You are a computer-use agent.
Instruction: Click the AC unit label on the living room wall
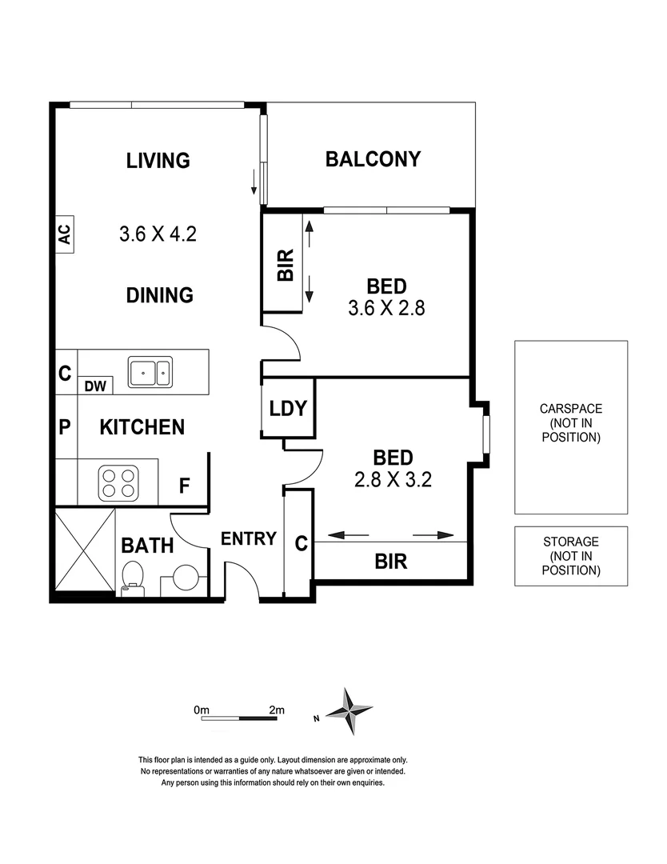click(x=65, y=234)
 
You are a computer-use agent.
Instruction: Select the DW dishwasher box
click(x=95, y=386)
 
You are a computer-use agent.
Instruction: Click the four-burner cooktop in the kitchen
click(x=118, y=482)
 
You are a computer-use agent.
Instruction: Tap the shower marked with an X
click(x=85, y=552)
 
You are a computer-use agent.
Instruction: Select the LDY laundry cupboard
click(x=288, y=409)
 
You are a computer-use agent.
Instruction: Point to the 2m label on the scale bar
click(x=277, y=710)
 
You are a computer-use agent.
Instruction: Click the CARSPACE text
click(x=570, y=408)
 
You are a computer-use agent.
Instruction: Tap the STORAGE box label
click(x=570, y=542)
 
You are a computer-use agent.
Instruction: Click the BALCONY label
click(x=373, y=159)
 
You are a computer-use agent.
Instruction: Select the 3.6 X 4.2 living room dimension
click(x=158, y=234)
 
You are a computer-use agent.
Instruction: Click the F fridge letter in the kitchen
click(x=184, y=486)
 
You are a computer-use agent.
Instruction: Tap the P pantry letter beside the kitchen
click(x=65, y=427)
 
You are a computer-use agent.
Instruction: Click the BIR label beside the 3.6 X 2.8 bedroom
click(x=286, y=265)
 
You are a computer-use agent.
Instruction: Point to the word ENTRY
click(x=249, y=539)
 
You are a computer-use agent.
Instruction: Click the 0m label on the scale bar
click(x=201, y=710)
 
